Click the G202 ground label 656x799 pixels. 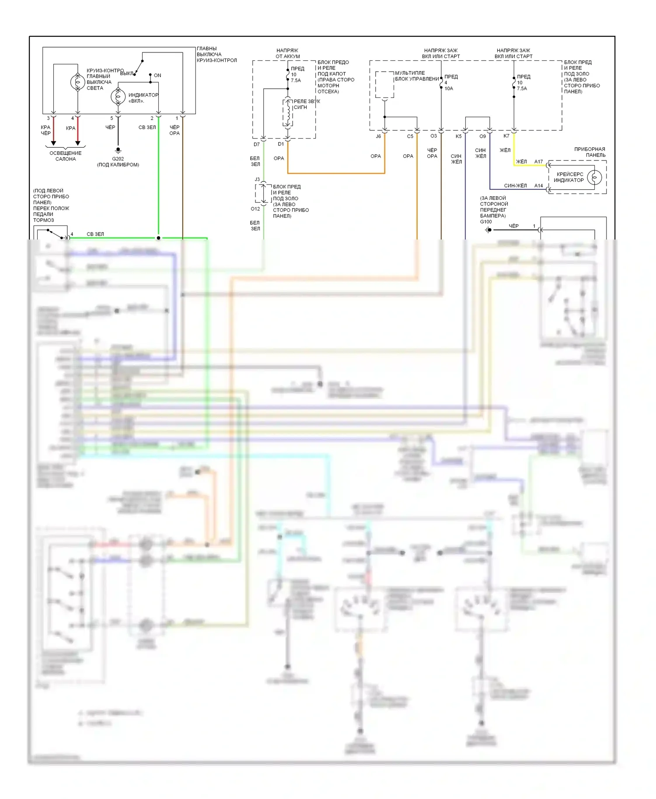(x=118, y=159)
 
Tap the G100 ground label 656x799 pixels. (x=485, y=222)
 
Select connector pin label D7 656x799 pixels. (x=257, y=144)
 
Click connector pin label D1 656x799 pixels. (x=281, y=144)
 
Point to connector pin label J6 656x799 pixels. (x=378, y=136)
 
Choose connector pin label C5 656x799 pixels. (x=410, y=136)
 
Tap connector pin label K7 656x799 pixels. (x=506, y=136)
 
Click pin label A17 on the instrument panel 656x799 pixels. (x=538, y=162)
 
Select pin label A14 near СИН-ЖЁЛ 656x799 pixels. (x=538, y=186)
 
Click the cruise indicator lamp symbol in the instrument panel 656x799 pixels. (x=594, y=177)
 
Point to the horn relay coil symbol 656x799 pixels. (x=288, y=113)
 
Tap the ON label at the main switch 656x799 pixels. (x=157, y=76)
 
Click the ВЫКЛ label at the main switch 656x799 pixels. (x=126, y=73)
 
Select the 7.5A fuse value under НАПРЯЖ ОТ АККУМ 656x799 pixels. (x=296, y=80)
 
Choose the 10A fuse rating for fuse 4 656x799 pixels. (x=449, y=88)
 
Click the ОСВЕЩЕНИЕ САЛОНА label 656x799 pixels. (x=66, y=156)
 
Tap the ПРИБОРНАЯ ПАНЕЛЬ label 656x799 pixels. (x=590, y=152)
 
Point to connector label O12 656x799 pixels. (x=255, y=209)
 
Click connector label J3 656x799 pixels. (x=257, y=180)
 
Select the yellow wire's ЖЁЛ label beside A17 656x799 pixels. (x=521, y=162)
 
